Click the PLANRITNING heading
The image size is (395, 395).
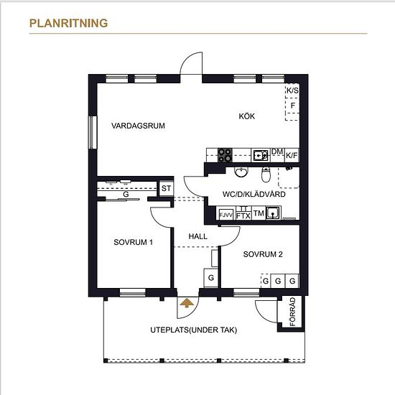[x=68, y=23]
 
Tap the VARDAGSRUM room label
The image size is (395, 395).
[x=138, y=126]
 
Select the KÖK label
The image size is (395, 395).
[x=247, y=116]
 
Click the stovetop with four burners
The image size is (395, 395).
[x=225, y=155]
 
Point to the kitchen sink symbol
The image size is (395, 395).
[x=261, y=155]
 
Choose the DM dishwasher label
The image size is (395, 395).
[x=277, y=152]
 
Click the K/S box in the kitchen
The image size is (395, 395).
[x=292, y=90]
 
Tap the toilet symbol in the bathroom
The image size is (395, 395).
[x=266, y=175]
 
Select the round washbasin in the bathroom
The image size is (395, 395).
[x=241, y=172]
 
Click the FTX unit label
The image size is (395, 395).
[x=243, y=216]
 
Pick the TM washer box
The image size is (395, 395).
[x=259, y=213]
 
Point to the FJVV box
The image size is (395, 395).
[x=226, y=215]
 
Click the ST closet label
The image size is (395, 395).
[x=167, y=188]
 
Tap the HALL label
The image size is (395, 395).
[x=198, y=236]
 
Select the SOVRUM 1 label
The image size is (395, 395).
[x=133, y=242]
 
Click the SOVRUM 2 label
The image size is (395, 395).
[x=263, y=254]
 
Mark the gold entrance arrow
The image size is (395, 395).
[x=187, y=303]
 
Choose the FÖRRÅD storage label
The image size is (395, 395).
[x=292, y=312]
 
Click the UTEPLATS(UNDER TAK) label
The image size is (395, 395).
[x=194, y=330]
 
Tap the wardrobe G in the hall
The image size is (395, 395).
[x=211, y=278]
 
